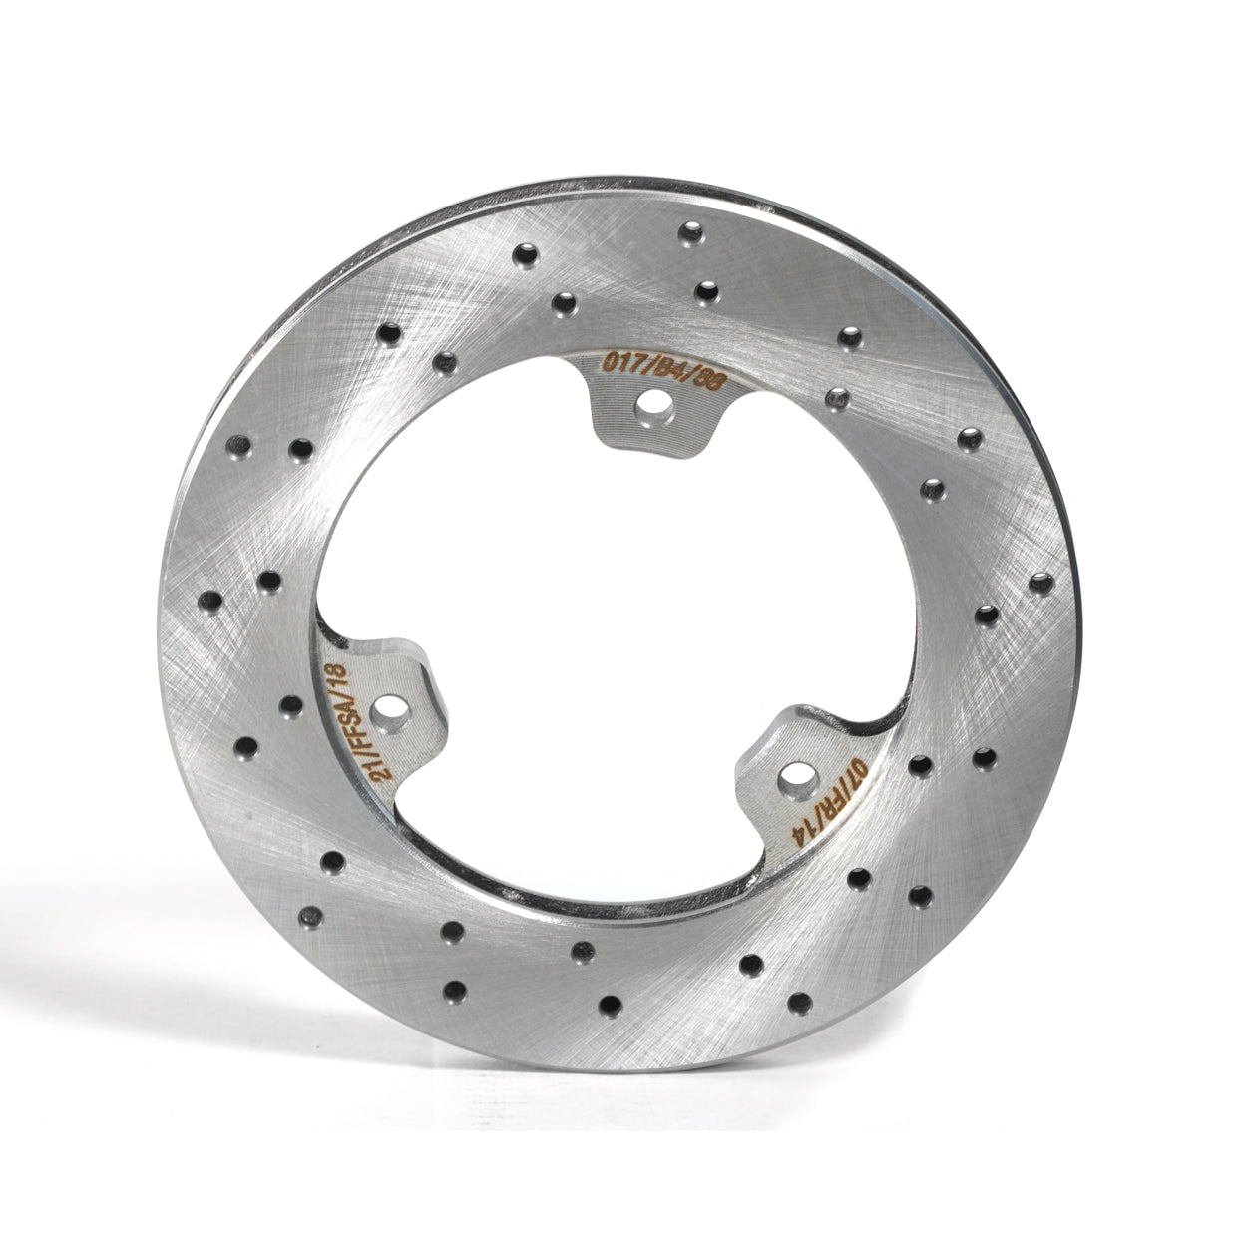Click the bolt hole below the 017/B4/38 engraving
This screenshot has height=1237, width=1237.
point(653,407)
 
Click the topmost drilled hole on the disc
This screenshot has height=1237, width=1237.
point(689,232)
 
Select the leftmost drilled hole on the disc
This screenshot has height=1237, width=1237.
point(210,601)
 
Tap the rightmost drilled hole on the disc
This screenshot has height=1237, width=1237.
point(1041,582)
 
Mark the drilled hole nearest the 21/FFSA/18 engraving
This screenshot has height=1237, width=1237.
point(291,705)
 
